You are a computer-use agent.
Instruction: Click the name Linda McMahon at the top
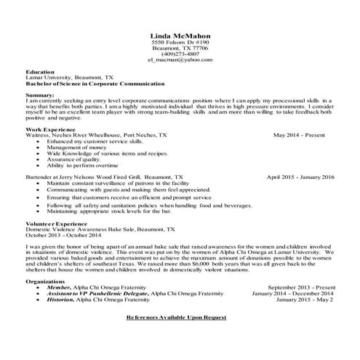tap(179, 35)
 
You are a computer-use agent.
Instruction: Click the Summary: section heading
tap(39, 95)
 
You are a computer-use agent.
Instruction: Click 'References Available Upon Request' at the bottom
tap(176, 318)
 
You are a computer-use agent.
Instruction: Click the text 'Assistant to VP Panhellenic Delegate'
tap(90, 293)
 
